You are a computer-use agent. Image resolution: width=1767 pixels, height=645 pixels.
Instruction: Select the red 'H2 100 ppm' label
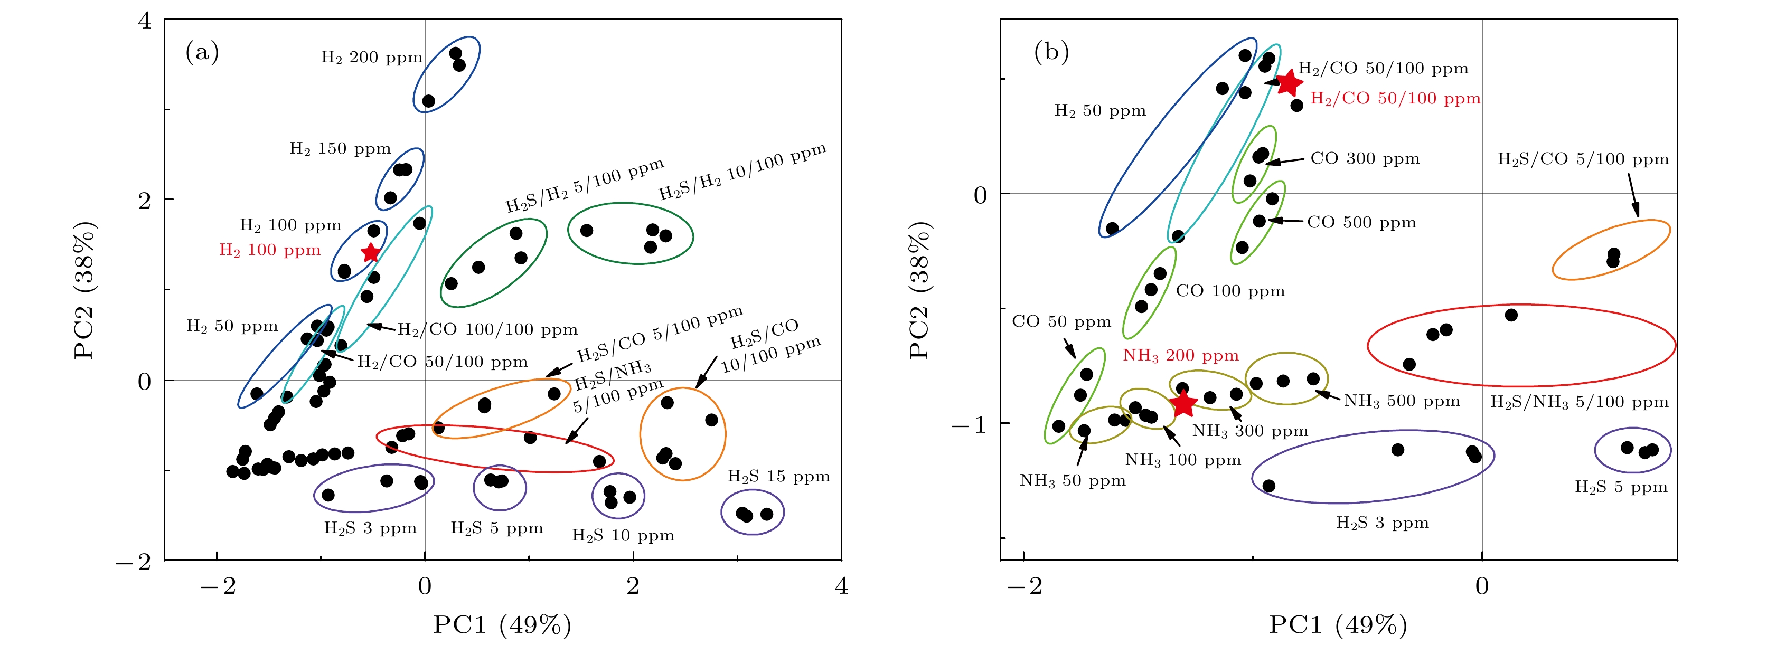269,250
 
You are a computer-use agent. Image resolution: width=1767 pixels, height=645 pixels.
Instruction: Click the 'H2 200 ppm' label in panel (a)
371,58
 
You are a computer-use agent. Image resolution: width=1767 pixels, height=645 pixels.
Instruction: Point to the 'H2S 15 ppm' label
778,477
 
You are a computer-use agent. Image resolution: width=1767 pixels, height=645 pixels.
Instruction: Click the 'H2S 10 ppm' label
623,535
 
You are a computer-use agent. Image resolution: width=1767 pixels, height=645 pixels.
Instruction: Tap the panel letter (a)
202,51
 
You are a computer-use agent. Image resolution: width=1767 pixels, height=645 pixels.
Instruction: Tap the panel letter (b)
1051,51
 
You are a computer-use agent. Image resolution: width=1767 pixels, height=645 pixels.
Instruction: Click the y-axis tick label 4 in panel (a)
144,21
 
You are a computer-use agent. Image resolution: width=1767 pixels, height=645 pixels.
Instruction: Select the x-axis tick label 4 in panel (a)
841,586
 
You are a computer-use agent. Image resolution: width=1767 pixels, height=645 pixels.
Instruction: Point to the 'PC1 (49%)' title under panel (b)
1338,624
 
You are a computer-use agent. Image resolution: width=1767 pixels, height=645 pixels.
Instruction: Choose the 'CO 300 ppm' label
1365,159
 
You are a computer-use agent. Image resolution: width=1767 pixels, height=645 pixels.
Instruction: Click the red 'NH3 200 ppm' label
1180,356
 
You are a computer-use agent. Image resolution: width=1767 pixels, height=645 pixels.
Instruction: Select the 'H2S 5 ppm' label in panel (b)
1620,487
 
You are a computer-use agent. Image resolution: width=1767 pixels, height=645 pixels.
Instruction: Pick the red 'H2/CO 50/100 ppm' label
1395,99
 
